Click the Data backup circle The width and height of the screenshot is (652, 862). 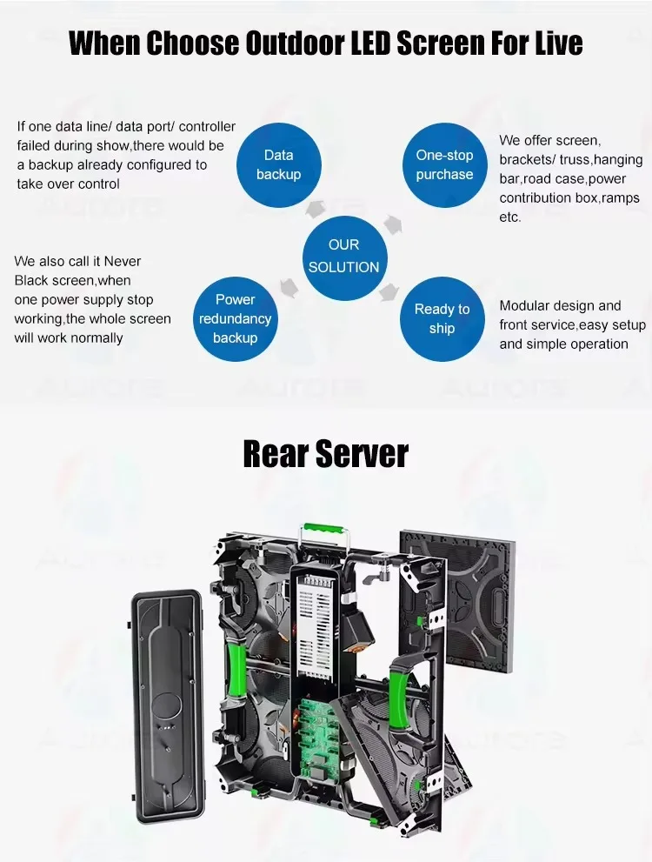[278, 164]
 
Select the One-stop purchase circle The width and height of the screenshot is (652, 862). [444, 164]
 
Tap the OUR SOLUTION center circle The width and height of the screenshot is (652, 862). [343, 257]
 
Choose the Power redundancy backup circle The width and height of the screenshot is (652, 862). [235, 318]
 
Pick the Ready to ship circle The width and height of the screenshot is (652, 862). [442, 318]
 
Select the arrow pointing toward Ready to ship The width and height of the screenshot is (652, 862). [387, 292]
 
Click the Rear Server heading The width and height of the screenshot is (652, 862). [325, 454]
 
